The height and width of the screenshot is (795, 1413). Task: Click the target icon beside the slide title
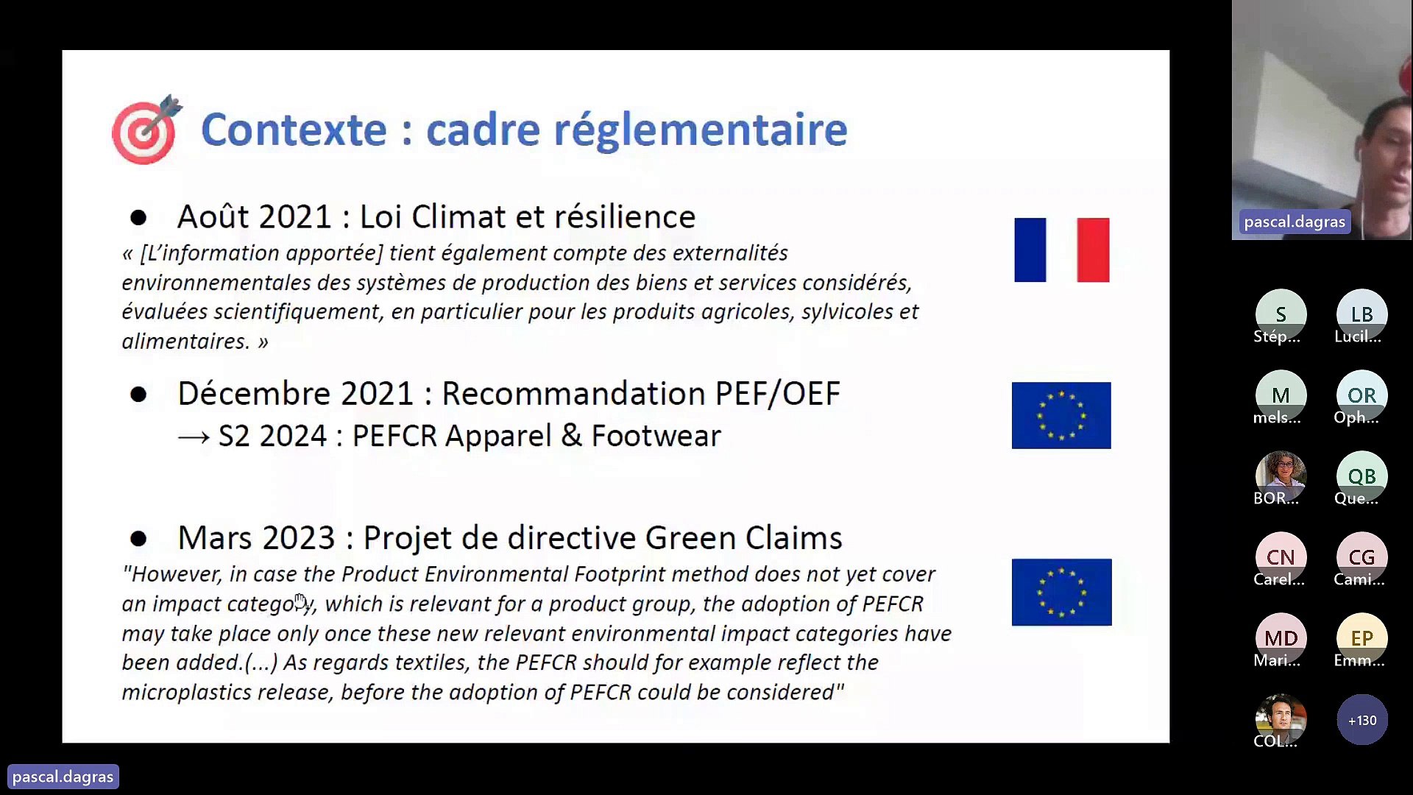[146, 130]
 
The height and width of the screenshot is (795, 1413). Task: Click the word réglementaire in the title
[700, 130]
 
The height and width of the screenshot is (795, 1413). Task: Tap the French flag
[1061, 250]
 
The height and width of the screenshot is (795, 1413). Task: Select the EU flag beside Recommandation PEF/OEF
[1060, 415]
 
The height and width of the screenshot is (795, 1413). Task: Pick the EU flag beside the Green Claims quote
[1061, 592]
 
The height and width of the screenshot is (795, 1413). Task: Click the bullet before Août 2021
[138, 217]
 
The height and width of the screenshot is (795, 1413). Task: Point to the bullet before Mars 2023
[138, 539]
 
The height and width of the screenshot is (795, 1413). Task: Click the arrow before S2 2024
[194, 437]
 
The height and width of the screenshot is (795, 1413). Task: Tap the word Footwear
[656, 436]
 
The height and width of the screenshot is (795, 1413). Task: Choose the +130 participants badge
[1361, 720]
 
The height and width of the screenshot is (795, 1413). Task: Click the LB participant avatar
[1361, 314]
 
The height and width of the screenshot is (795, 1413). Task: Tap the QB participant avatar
[1361, 476]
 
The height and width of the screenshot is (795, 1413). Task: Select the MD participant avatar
[1281, 637]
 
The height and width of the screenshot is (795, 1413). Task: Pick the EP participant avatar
[1361, 637]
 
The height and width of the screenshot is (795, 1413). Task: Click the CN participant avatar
[1281, 556]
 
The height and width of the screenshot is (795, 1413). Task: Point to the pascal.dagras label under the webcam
[1295, 222]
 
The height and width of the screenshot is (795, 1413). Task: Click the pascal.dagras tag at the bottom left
[63, 777]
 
